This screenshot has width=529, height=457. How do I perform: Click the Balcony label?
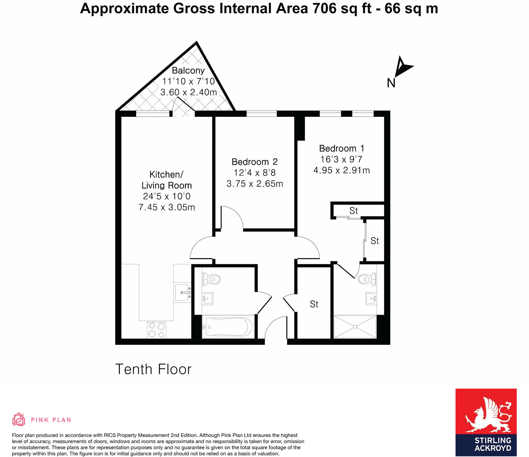[x=188, y=70]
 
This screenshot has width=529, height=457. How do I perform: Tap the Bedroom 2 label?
[x=254, y=162]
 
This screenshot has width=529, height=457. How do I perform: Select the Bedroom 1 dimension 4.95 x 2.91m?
[x=342, y=170]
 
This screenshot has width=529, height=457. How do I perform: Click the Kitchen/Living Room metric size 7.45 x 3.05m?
[x=167, y=207]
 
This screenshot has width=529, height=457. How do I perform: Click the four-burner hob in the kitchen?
[x=157, y=330]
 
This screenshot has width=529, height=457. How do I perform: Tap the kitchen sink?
[x=183, y=293]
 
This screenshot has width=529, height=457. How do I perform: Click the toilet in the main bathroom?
[x=211, y=279]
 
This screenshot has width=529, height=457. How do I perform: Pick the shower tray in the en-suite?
[x=355, y=327]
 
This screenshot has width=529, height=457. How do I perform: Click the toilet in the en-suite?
[x=368, y=279]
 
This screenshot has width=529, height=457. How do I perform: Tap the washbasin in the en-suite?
[x=371, y=299]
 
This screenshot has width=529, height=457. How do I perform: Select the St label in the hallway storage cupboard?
[x=314, y=304]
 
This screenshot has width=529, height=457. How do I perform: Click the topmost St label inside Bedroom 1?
[x=353, y=211]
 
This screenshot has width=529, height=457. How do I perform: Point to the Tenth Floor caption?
[x=153, y=369]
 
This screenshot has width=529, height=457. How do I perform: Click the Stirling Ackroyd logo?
[x=486, y=422]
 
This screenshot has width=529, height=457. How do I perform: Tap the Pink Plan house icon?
[x=19, y=419]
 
